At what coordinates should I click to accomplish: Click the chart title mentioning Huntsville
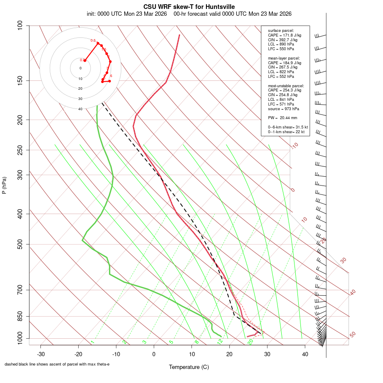click(x=189, y=6)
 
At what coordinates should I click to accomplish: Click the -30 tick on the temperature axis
click(x=41, y=354)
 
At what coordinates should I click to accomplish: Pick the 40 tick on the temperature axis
click(x=305, y=354)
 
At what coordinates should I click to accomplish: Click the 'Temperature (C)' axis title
click(x=189, y=367)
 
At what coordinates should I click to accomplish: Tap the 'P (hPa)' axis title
click(x=4, y=185)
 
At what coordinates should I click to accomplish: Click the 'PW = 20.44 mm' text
click(x=282, y=117)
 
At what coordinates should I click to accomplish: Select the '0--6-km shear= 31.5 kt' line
click(x=288, y=127)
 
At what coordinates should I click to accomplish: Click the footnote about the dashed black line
click(x=57, y=364)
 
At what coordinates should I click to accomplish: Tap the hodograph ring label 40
click(x=80, y=109)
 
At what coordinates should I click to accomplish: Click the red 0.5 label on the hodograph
click(x=93, y=40)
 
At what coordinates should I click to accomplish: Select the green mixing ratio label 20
click(x=251, y=341)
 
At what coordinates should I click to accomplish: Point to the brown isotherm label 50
click(x=352, y=335)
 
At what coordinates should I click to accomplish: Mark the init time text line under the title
click(x=189, y=14)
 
